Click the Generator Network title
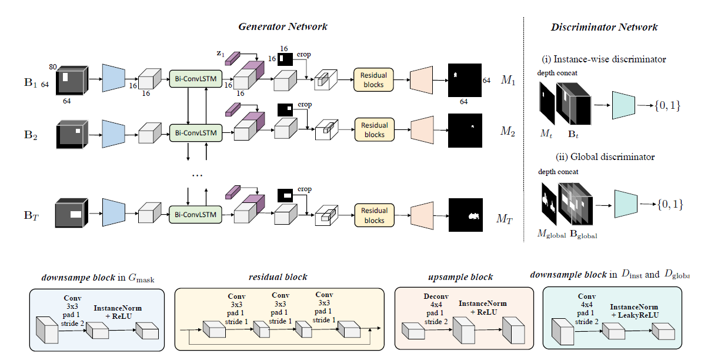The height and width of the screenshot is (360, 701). [x=283, y=26]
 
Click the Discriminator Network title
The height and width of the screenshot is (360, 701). [x=604, y=27]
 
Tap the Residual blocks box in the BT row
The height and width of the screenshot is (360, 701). [x=374, y=215]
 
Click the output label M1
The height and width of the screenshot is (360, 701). [x=508, y=80]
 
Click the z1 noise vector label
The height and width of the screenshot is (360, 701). [x=221, y=54]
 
